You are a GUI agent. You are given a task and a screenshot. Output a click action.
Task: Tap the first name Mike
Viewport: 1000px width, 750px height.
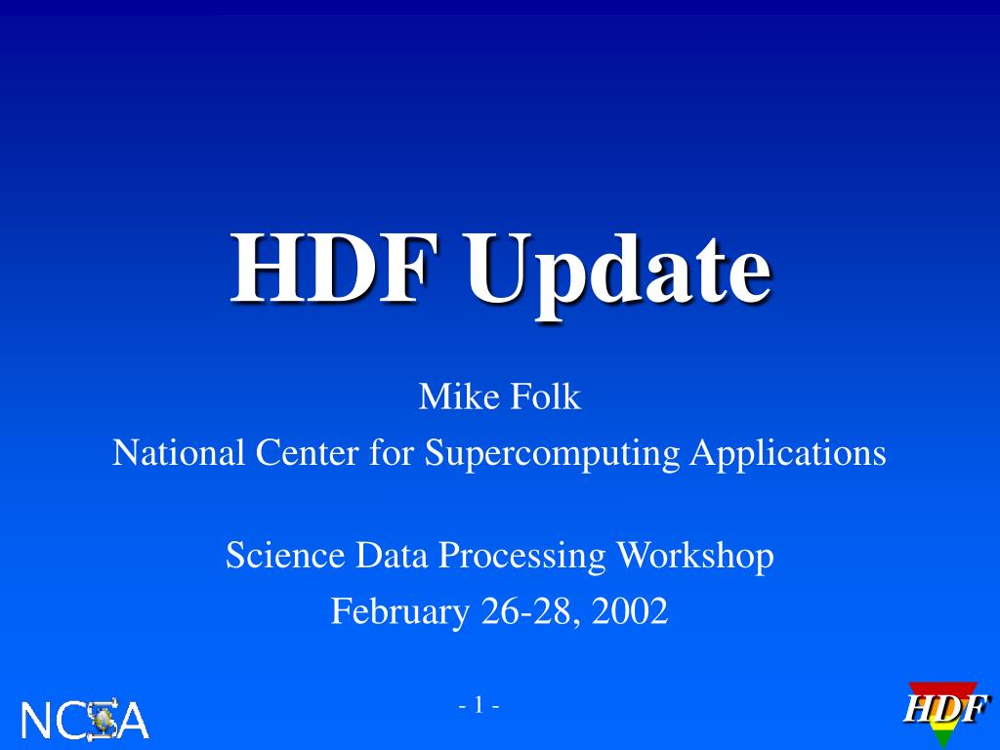tap(453, 397)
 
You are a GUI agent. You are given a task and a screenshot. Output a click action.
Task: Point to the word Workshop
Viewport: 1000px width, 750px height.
tap(694, 556)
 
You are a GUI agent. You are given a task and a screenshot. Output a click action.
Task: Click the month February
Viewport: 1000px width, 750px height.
tap(399, 613)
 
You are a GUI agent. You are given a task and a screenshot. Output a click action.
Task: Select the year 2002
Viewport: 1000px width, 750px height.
tap(629, 612)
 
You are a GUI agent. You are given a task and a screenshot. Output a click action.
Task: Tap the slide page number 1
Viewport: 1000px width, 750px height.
tap(479, 705)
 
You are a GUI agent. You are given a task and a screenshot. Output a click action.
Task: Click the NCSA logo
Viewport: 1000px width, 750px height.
tap(85, 721)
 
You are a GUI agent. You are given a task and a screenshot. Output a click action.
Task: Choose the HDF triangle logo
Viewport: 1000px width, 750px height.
tap(943, 711)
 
